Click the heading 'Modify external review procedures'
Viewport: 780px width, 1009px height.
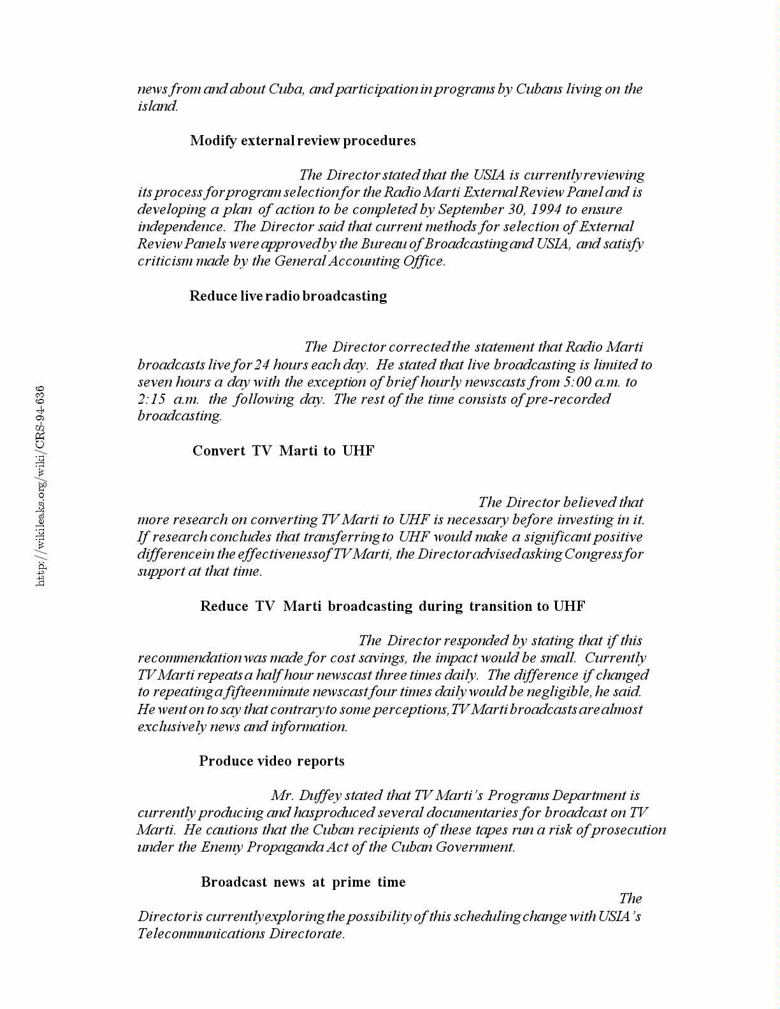tap(303, 141)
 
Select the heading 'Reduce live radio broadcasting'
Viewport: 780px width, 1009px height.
tap(288, 296)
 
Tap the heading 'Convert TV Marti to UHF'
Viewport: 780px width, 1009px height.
tap(284, 451)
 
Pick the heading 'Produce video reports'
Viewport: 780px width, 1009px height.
tap(271, 761)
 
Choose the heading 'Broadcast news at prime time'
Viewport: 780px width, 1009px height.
tap(303, 882)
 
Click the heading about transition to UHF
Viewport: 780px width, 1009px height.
tap(393, 606)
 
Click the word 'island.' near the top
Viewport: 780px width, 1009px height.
tap(158, 106)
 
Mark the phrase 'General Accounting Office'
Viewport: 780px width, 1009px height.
tap(358, 261)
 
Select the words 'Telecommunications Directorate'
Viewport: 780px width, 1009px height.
tap(241, 934)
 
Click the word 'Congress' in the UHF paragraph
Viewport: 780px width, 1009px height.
tap(593, 554)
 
